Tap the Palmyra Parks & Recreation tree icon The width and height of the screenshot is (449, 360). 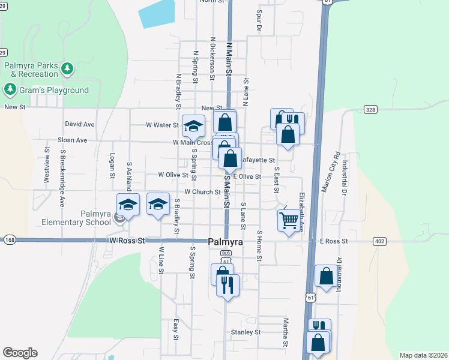[x=68, y=69]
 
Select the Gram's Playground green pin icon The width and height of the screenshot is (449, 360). [x=10, y=90]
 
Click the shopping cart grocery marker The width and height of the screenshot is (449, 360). [x=289, y=221]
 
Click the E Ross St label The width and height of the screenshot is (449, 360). [x=334, y=241]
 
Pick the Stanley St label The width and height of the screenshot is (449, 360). [x=246, y=332]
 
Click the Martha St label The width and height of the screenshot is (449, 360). [x=286, y=332]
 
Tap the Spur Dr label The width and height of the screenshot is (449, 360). [x=259, y=20]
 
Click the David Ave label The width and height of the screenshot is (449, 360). [x=80, y=124]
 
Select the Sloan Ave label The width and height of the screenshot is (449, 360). [x=72, y=140]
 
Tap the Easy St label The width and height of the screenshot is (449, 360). [x=176, y=329]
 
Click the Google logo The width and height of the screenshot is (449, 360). [x=20, y=353]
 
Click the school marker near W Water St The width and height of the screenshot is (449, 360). [x=193, y=125]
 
